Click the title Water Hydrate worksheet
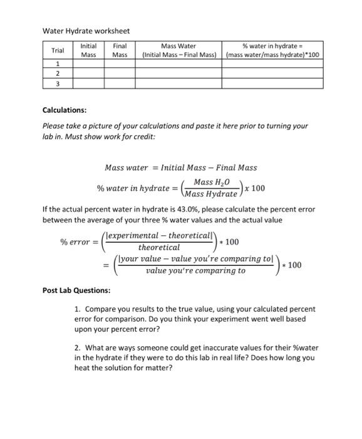point(86,31)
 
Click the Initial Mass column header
point(89,50)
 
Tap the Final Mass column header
point(120,50)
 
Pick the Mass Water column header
point(178,50)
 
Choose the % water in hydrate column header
point(272,50)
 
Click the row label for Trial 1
point(58,64)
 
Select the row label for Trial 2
point(58,73)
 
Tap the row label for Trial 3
point(58,83)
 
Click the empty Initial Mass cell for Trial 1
point(89,64)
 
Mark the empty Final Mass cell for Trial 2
point(120,73)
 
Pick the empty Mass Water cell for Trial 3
point(178,83)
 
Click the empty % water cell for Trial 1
point(272,64)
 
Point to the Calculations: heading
point(65,110)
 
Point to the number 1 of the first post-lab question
point(76,309)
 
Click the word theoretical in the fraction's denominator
point(158,248)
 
